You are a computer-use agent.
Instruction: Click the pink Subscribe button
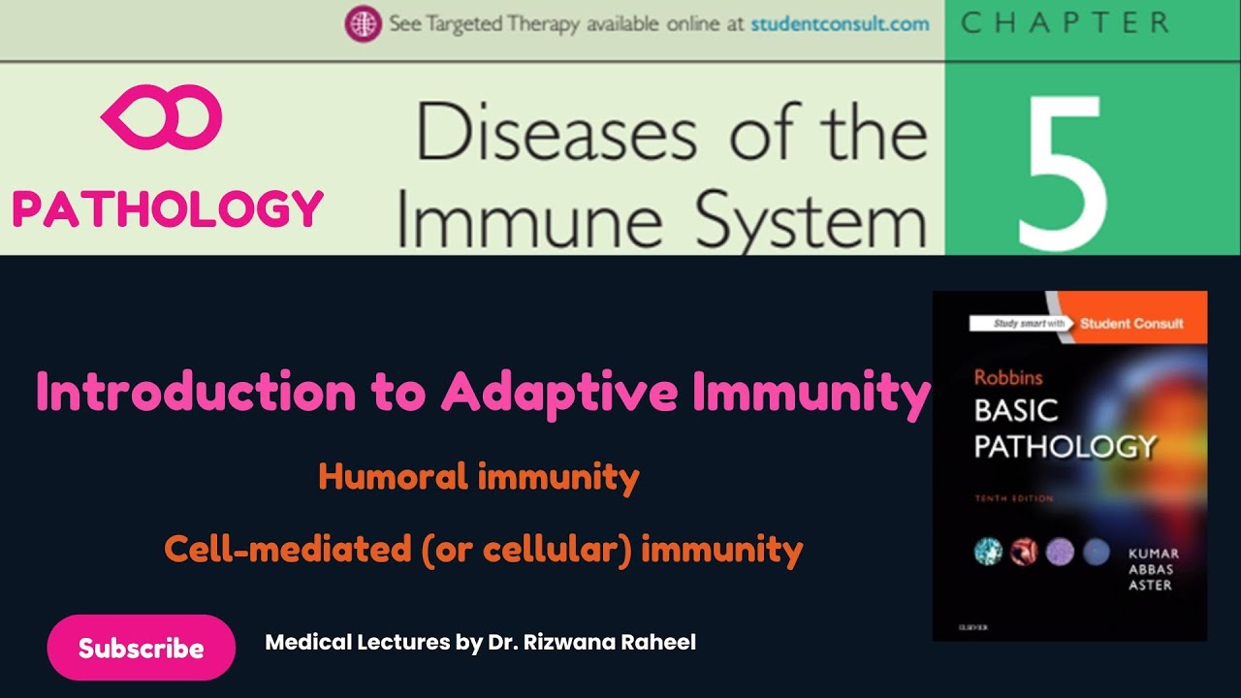142,648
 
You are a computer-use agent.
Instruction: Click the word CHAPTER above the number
1064,24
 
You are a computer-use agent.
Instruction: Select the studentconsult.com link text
840,24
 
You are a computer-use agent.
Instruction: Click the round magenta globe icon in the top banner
362,24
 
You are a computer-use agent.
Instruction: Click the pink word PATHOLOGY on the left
168,208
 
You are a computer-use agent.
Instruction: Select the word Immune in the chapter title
529,222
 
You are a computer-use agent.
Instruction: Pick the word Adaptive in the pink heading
548,393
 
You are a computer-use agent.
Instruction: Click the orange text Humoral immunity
479,477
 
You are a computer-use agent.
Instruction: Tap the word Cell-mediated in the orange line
287,550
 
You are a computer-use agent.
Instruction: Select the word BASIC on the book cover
1015,411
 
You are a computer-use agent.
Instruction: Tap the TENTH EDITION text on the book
1013,499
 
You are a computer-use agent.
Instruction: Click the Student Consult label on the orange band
1131,323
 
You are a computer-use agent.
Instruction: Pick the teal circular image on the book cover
987,552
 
